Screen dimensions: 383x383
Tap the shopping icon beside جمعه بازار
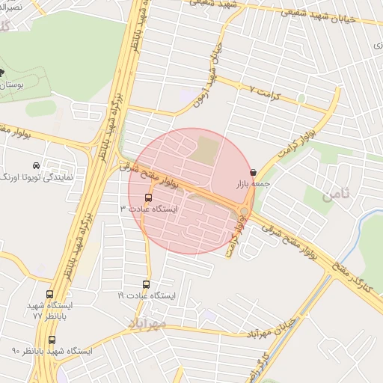pyautogui.click(x=253, y=172)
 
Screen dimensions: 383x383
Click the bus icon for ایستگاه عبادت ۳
pyautogui.click(x=148, y=198)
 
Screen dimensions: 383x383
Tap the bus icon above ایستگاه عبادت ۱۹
pyautogui.click(x=147, y=284)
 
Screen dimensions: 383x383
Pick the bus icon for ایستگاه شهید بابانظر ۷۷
pyautogui.click(x=50, y=295)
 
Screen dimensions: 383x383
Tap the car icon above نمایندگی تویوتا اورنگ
pyautogui.click(x=37, y=165)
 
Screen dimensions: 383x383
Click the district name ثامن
pyautogui.click(x=336, y=197)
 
